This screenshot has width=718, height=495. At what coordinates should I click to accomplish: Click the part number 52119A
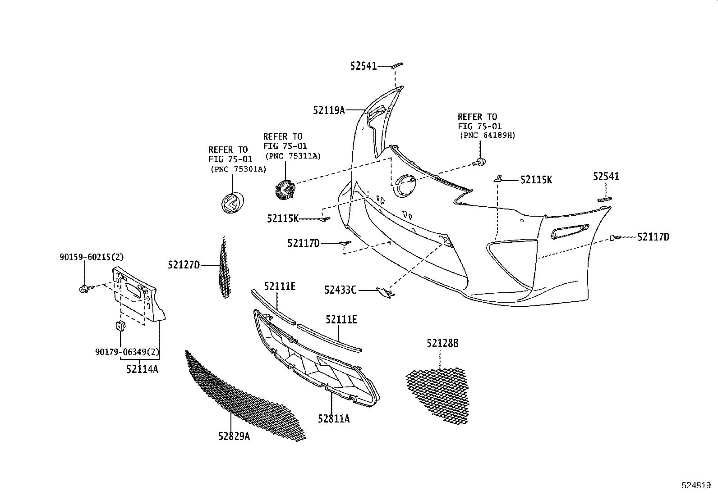pos(329,110)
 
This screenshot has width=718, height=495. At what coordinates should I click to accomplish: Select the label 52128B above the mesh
pos(442,344)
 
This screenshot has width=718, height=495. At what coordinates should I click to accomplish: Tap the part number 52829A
pos(234,436)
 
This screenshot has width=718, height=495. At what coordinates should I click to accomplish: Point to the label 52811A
pos(333,419)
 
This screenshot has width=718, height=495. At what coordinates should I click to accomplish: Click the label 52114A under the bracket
pos(142,369)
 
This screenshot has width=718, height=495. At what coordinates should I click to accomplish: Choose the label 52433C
pos(340,290)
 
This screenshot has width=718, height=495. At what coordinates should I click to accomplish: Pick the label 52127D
pos(184,265)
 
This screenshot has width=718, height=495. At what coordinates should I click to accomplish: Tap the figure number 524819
pos(698,486)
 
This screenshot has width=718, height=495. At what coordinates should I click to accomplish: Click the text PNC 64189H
pos(487,135)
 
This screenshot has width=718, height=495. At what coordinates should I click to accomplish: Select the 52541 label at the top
pos(363,66)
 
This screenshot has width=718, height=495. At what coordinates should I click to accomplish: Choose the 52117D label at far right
pos(653,237)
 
